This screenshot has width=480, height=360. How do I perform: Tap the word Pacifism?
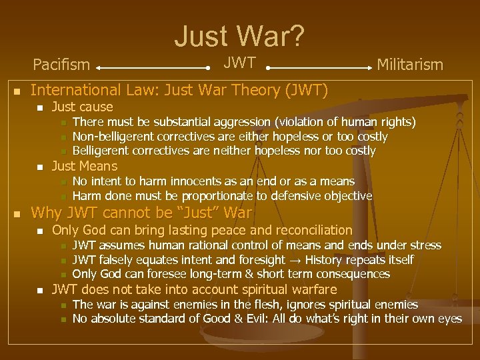tap(61, 65)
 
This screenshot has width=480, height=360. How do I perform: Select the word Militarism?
tap(410, 65)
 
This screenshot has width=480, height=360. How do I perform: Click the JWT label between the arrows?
tap(239, 63)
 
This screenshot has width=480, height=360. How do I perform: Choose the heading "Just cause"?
tap(83, 107)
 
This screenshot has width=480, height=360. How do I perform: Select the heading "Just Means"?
tap(85, 166)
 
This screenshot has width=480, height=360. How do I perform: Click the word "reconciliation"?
tap(305, 230)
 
